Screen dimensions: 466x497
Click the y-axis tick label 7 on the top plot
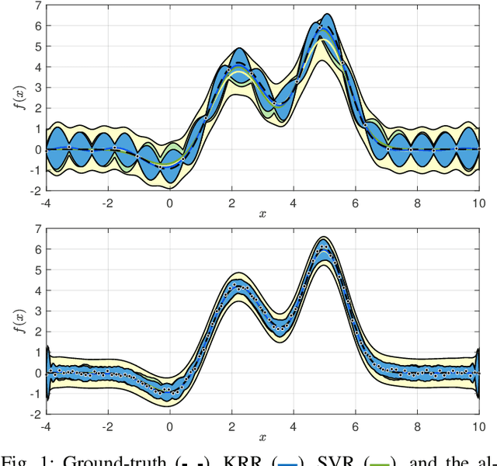36,6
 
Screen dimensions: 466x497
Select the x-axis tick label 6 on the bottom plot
356,426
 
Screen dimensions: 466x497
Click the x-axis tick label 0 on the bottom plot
170,426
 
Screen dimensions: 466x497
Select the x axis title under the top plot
263,213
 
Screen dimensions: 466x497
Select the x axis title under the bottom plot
263,437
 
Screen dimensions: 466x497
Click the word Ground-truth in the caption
113,457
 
